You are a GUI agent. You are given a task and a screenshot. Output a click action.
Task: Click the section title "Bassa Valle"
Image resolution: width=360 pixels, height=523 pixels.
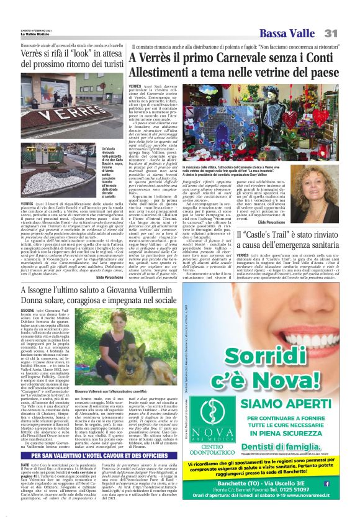point(286,33)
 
